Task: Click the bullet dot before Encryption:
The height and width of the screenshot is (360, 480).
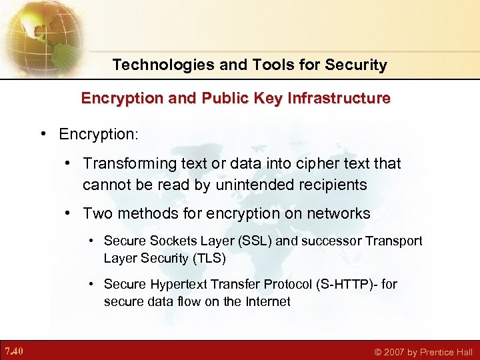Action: click(42, 134)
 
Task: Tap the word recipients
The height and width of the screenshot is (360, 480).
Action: click(333, 184)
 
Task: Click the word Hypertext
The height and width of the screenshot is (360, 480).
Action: click(177, 285)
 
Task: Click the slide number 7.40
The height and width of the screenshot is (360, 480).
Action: click(14, 351)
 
